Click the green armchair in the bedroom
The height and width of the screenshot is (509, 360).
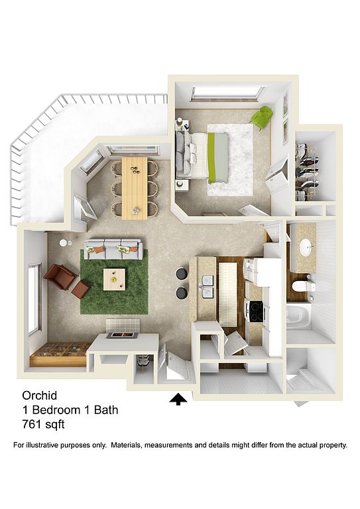(263, 117)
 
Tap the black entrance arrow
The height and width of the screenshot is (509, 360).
(178, 399)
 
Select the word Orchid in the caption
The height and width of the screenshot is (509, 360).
(40, 396)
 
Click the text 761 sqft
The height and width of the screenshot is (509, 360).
(44, 424)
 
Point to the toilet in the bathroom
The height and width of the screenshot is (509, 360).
(304, 286)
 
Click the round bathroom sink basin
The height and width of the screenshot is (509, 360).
(306, 248)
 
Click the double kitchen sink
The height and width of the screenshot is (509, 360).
(208, 286)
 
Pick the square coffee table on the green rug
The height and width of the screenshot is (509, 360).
(114, 279)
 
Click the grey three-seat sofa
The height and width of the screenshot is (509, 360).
(113, 249)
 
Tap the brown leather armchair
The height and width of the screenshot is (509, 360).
(60, 276)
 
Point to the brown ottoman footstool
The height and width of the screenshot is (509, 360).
(80, 290)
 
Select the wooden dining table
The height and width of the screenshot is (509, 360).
(135, 188)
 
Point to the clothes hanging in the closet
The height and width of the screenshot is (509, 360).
(307, 170)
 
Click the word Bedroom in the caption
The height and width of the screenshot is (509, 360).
(56, 410)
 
